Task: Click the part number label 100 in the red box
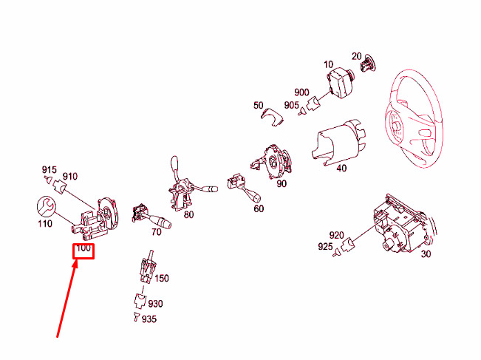pos(83,248)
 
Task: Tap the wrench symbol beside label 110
pos(46,206)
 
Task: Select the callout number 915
pos(50,170)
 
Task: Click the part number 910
pos(70,177)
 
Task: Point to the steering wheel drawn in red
pos(414,119)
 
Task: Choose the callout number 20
pos(356,56)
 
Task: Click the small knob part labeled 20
pos(369,64)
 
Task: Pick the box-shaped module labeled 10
pos(340,82)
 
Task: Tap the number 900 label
pos(301,92)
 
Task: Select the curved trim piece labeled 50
pos(272,117)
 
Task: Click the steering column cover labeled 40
pos(339,142)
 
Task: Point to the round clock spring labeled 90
pos(275,161)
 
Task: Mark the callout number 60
pos(259,208)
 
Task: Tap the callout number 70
pos(156,231)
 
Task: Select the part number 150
pos(162,278)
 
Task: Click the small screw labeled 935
pos(137,316)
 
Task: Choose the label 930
pos(155,304)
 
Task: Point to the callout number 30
pos(426,254)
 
